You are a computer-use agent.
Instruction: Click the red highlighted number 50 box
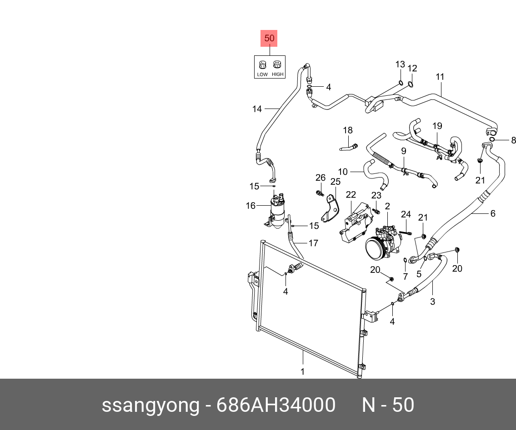tap(269, 39)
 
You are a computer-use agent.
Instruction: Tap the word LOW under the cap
tap(262, 74)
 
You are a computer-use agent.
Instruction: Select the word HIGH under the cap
tap(277, 74)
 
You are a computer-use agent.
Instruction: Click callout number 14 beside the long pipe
tap(257, 109)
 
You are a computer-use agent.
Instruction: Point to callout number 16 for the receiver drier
tap(251, 206)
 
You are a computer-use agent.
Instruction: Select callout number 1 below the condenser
tap(302, 372)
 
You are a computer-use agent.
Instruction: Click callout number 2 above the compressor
tap(387, 206)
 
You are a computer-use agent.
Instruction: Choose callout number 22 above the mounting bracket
tap(351, 195)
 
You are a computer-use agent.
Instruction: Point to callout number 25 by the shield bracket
tap(335, 182)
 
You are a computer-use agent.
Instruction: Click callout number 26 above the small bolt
tap(321, 178)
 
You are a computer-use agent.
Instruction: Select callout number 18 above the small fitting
tap(348, 131)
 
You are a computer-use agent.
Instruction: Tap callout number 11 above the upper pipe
tap(440, 77)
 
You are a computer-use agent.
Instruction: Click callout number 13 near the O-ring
tap(400, 64)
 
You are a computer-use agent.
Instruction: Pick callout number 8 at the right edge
tap(514, 140)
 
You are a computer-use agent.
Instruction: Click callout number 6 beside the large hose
tap(492, 213)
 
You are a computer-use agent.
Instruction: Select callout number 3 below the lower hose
tap(432, 301)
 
